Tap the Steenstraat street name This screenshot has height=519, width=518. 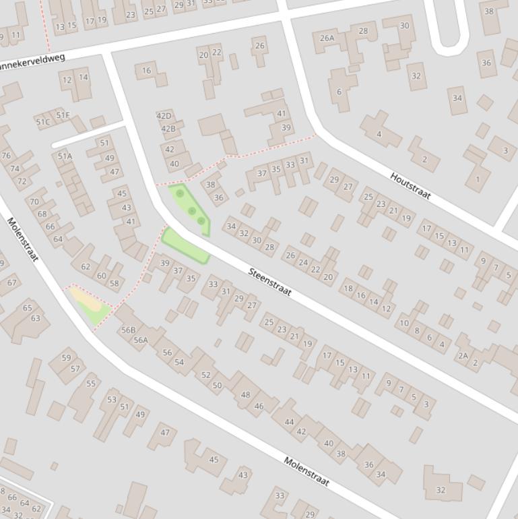click(269, 282)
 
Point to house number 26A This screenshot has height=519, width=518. click(327, 38)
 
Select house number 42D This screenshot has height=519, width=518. click(164, 116)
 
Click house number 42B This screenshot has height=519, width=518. click(168, 129)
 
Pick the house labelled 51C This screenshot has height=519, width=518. click(42, 122)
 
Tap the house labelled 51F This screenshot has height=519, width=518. click(63, 115)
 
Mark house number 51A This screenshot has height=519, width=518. click(65, 156)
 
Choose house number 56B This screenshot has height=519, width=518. click(127, 330)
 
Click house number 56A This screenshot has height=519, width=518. click(141, 340)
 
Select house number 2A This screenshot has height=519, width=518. click(462, 356)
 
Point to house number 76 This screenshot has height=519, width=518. click(6, 156)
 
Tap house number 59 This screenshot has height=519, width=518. click(66, 358)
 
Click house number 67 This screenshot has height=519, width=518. click(11, 282)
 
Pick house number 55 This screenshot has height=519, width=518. click(91, 384)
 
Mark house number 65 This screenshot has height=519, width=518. click(28, 308)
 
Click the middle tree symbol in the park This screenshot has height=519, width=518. click(192, 212)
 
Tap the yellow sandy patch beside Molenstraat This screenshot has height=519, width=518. click(86, 299)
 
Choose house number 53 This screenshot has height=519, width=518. click(112, 400)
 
